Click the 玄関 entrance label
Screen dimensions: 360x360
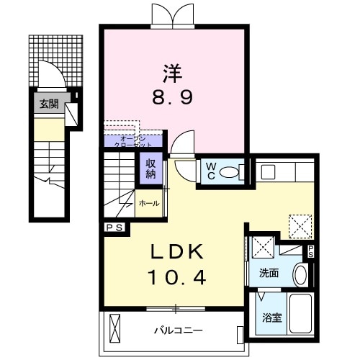click(49, 103)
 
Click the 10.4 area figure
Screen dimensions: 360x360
click(176, 276)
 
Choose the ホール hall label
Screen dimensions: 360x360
click(149, 203)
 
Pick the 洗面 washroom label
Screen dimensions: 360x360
click(269, 273)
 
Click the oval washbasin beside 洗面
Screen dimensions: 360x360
click(301, 274)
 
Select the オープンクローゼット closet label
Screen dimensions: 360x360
click(133, 140)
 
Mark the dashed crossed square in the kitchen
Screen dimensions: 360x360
click(298, 225)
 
